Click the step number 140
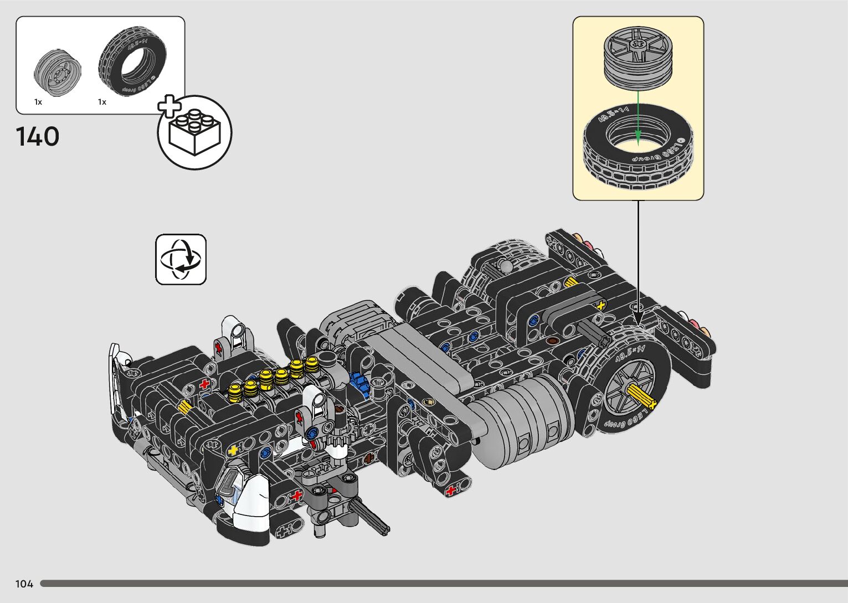coord(38,137)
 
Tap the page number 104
coord(24,584)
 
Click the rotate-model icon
coord(181,260)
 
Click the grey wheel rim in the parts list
coord(58,73)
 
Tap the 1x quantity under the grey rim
coord(38,102)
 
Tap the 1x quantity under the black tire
coord(102,102)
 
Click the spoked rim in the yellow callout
coord(638,57)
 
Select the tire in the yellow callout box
coord(638,148)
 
